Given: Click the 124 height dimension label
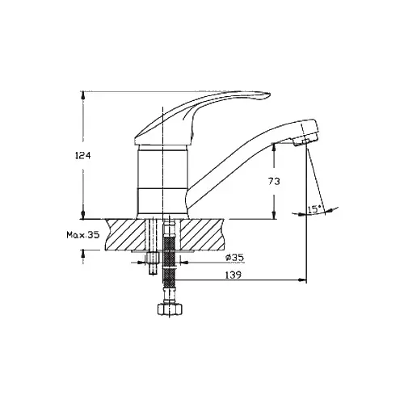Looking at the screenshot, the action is click(83, 156).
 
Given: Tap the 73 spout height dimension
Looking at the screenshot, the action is click(274, 182).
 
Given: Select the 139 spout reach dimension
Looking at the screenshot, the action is click(234, 275).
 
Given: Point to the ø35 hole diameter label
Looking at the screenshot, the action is click(234, 258).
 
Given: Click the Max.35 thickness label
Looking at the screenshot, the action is click(83, 235).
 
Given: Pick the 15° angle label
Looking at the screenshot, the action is click(314, 209).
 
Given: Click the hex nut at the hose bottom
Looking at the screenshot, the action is click(170, 309).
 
